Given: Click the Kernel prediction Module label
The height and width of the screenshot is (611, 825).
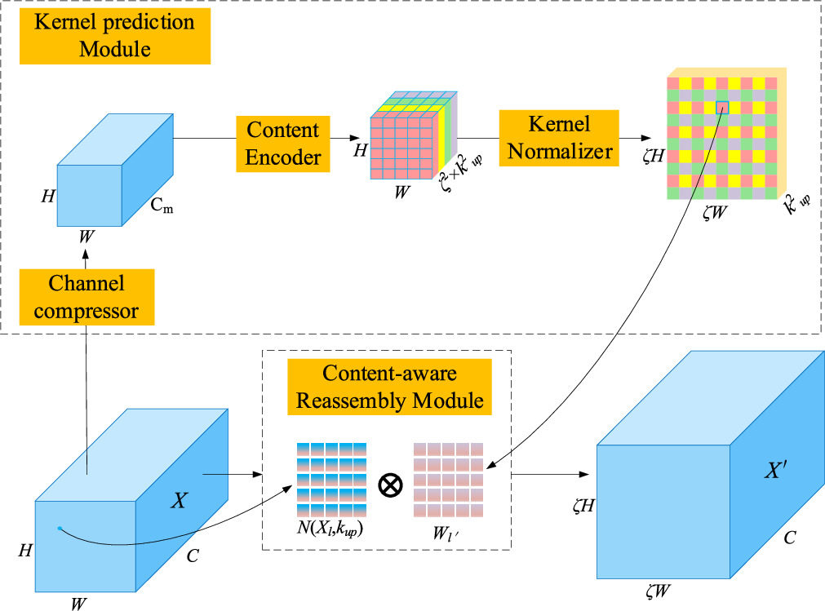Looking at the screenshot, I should coord(115,35).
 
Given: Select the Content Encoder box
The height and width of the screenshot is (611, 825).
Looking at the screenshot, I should coord(283,144).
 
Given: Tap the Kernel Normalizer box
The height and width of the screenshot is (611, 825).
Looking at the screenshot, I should coord(559,139).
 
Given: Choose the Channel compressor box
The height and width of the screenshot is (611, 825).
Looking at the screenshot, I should coord(86,297).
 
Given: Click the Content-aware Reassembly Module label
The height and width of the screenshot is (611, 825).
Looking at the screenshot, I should coord(390,387).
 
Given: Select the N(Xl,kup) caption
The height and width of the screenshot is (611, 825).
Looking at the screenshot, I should coord(330,529).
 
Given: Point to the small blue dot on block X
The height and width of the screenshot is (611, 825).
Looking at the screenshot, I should coord(60,529).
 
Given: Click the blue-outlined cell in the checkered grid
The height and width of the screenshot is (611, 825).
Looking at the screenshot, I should coord(721,107).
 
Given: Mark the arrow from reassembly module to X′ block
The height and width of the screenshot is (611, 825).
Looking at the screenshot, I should coord(550,474).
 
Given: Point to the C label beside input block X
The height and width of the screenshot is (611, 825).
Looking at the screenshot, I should coord(192,557).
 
